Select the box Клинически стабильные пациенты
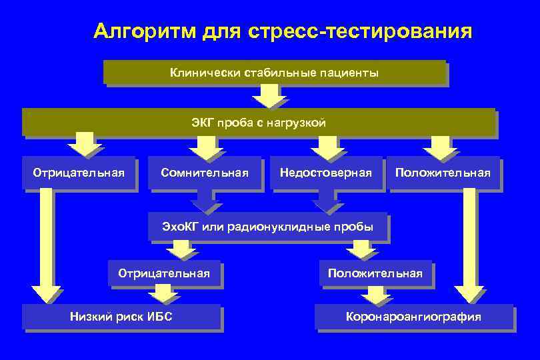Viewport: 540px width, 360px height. (274, 73)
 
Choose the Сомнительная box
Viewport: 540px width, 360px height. (205, 173)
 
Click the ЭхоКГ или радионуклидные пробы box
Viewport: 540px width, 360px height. (267, 227)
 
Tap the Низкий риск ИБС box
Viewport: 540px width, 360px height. (121, 317)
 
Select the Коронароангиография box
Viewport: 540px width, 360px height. (413, 317)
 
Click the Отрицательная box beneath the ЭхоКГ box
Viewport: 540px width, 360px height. (164, 273)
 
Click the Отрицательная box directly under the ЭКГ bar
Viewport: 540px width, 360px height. (79, 173)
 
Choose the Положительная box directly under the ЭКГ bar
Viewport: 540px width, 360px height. (443, 173)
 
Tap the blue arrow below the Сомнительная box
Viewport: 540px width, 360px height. (205, 202)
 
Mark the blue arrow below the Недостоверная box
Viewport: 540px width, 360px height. (325, 202)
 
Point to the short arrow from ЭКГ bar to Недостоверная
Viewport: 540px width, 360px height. (325, 145)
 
